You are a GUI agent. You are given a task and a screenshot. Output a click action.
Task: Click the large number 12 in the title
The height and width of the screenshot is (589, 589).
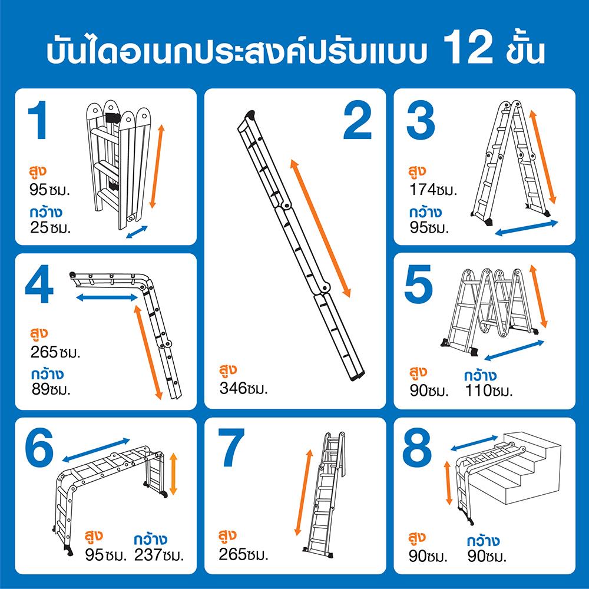tap(468, 48)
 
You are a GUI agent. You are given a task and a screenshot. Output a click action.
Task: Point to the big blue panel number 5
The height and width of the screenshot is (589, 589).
tap(418, 284)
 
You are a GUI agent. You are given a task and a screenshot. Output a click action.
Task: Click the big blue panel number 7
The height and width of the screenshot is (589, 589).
tap(231, 447)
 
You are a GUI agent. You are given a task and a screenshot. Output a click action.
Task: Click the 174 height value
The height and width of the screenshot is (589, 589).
tap(422, 190)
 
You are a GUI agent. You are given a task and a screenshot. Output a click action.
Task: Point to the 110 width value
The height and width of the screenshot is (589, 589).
tap(478, 391)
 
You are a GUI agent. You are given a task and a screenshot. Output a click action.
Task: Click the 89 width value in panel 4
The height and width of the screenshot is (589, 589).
tap(41, 389)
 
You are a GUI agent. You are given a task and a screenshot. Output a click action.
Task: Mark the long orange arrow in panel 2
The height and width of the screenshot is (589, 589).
tap(320, 229)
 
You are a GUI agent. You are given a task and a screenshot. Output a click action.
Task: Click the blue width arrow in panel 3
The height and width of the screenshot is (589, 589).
tap(526, 227)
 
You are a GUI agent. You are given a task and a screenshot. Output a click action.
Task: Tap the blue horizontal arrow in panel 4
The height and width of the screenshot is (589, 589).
tap(107, 297)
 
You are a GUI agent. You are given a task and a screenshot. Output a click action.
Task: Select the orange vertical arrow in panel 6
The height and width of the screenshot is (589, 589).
tap(173, 474)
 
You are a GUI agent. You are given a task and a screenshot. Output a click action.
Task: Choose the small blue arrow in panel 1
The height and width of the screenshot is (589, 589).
tap(137, 231)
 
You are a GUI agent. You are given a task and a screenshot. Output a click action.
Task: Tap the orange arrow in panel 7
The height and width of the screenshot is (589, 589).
tap(303, 492)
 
